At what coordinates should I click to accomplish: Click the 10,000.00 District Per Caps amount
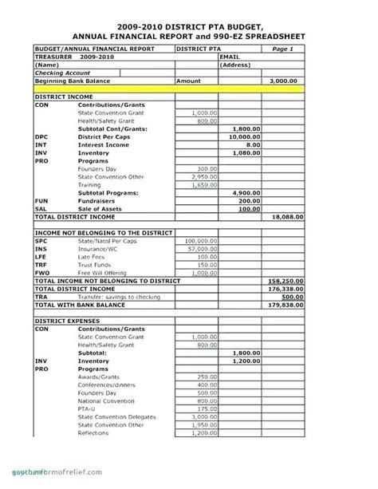click(x=243, y=136)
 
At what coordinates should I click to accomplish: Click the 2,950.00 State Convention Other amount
click(x=204, y=176)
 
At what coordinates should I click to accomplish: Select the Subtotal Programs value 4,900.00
click(x=245, y=192)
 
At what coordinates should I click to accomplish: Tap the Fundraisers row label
click(x=96, y=200)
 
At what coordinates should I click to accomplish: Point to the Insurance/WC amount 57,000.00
click(x=203, y=248)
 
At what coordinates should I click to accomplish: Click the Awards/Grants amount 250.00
click(x=207, y=376)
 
